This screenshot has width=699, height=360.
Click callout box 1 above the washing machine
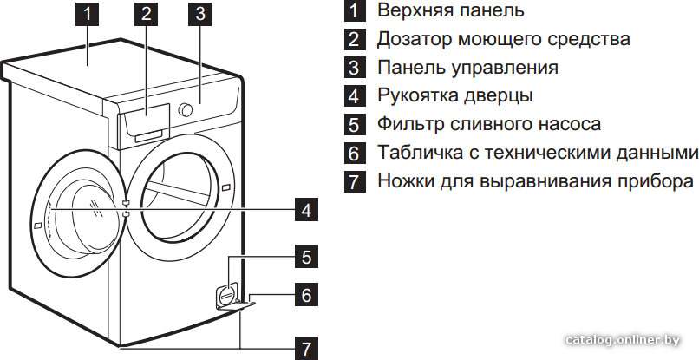(x=88, y=14)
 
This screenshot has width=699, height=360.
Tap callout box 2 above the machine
(x=146, y=14)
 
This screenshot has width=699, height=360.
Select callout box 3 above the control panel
(x=199, y=14)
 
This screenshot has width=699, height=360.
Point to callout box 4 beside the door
(x=306, y=210)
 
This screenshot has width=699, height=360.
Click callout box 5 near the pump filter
(x=306, y=257)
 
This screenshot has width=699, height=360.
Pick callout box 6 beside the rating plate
(x=306, y=295)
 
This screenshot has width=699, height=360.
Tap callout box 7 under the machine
(x=306, y=348)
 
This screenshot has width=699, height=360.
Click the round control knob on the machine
(x=185, y=110)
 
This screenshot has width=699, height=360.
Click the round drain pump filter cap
(x=227, y=294)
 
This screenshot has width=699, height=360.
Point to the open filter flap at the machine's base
(x=237, y=305)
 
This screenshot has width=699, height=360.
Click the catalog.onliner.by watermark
(x=623, y=340)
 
